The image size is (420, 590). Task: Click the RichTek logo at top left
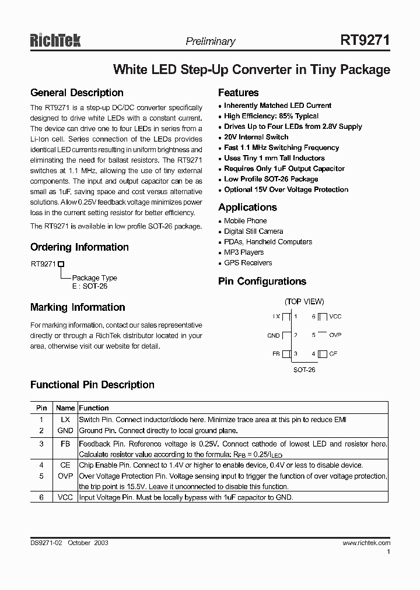(x=55, y=40)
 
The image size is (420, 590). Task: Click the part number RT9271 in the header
(x=365, y=40)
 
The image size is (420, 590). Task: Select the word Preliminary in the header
(x=210, y=41)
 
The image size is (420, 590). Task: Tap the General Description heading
(x=76, y=93)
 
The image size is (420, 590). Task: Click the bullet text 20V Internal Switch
(x=256, y=137)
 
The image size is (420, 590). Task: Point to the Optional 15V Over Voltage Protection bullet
(x=286, y=189)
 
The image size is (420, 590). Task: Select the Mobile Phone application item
(x=245, y=221)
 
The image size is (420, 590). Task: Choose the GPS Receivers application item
(x=248, y=263)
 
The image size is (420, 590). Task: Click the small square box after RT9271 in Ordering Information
(x=60, y=264)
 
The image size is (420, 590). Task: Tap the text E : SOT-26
(x=90, y=286)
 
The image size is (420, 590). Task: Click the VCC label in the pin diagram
(x=335, y=317)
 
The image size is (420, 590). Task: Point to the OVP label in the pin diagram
(x=335, y=335)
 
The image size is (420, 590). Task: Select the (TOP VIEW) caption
(x=304, y=301)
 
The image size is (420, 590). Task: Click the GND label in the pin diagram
(x=274, y=335)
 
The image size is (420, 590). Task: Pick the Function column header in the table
(x=94, y=408)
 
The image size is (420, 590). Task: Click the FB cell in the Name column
(x=65, y=444)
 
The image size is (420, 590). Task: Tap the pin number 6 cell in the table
(x=41, y=497)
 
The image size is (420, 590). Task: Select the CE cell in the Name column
(x=65, y=465)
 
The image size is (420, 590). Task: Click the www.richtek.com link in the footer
(x=366, y=543)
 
